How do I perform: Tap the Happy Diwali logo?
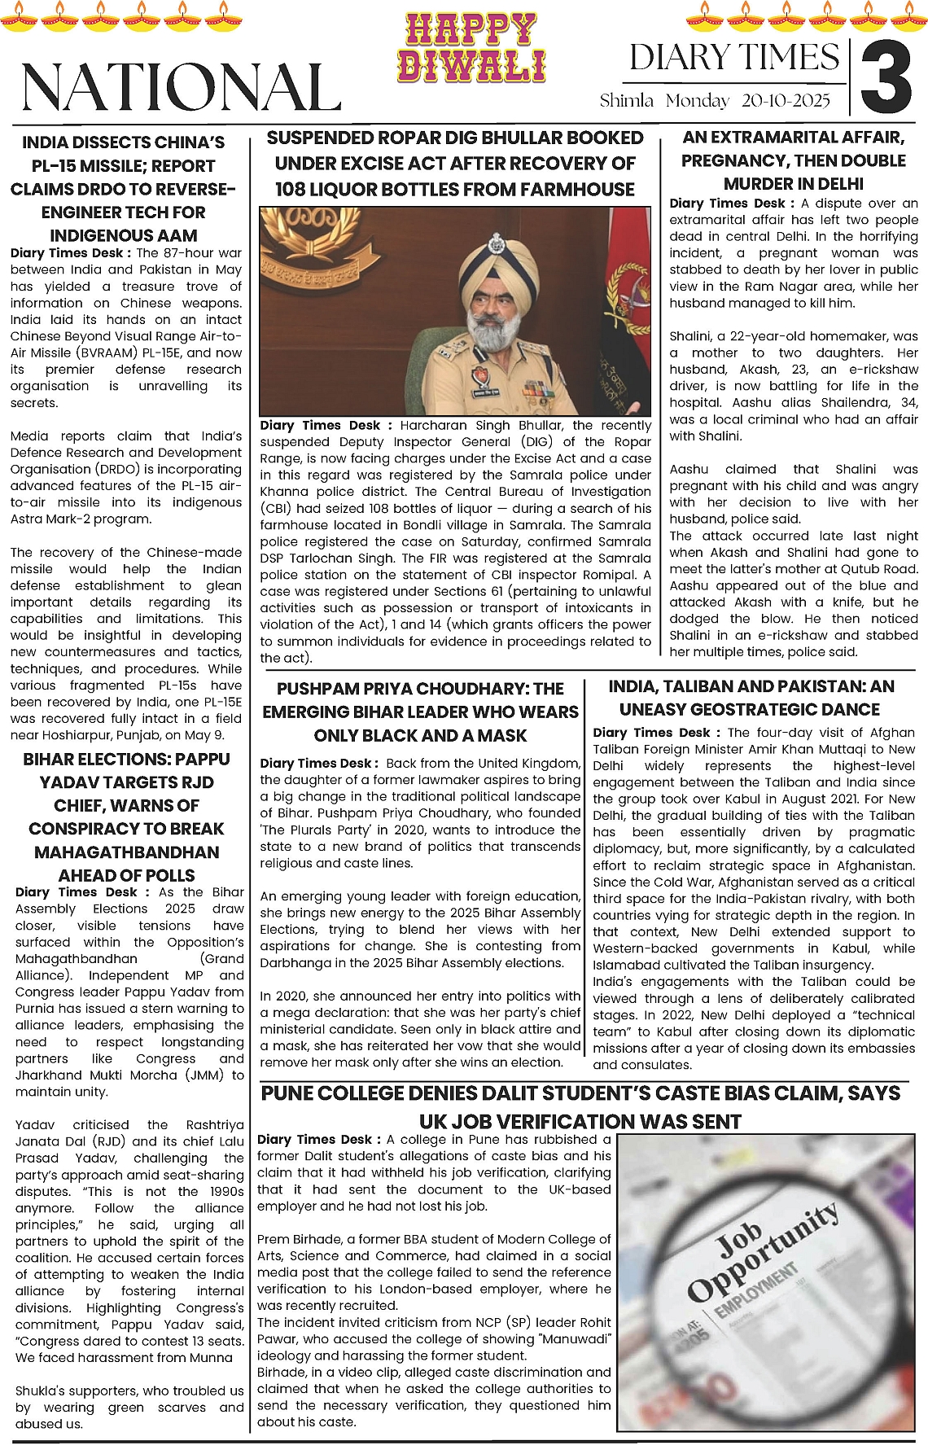[471, 48]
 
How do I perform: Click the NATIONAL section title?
[180, 86]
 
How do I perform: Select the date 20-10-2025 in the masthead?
[786, 101]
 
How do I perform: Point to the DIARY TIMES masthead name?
[733, 58]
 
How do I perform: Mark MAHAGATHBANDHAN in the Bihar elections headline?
[126, 852]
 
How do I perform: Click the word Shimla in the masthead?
[627, 101]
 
